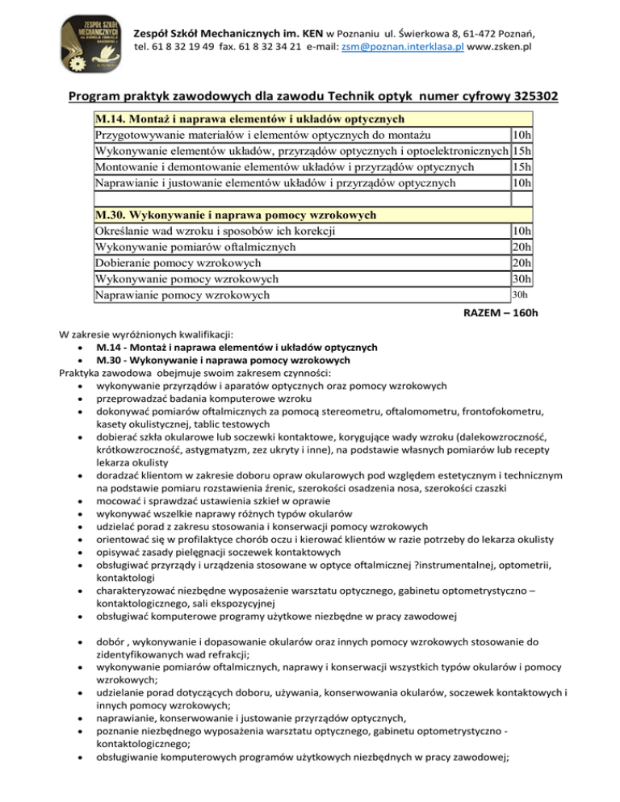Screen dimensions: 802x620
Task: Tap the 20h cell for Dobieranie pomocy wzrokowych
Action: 522,263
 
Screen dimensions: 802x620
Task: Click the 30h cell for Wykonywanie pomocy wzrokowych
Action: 522,279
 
